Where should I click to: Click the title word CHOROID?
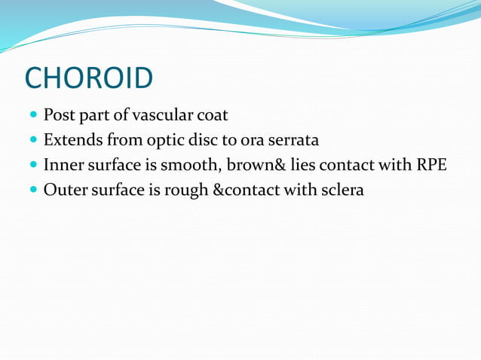(88, 77)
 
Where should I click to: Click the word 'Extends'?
(72, 140)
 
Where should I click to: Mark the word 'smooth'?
(184, 165)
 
